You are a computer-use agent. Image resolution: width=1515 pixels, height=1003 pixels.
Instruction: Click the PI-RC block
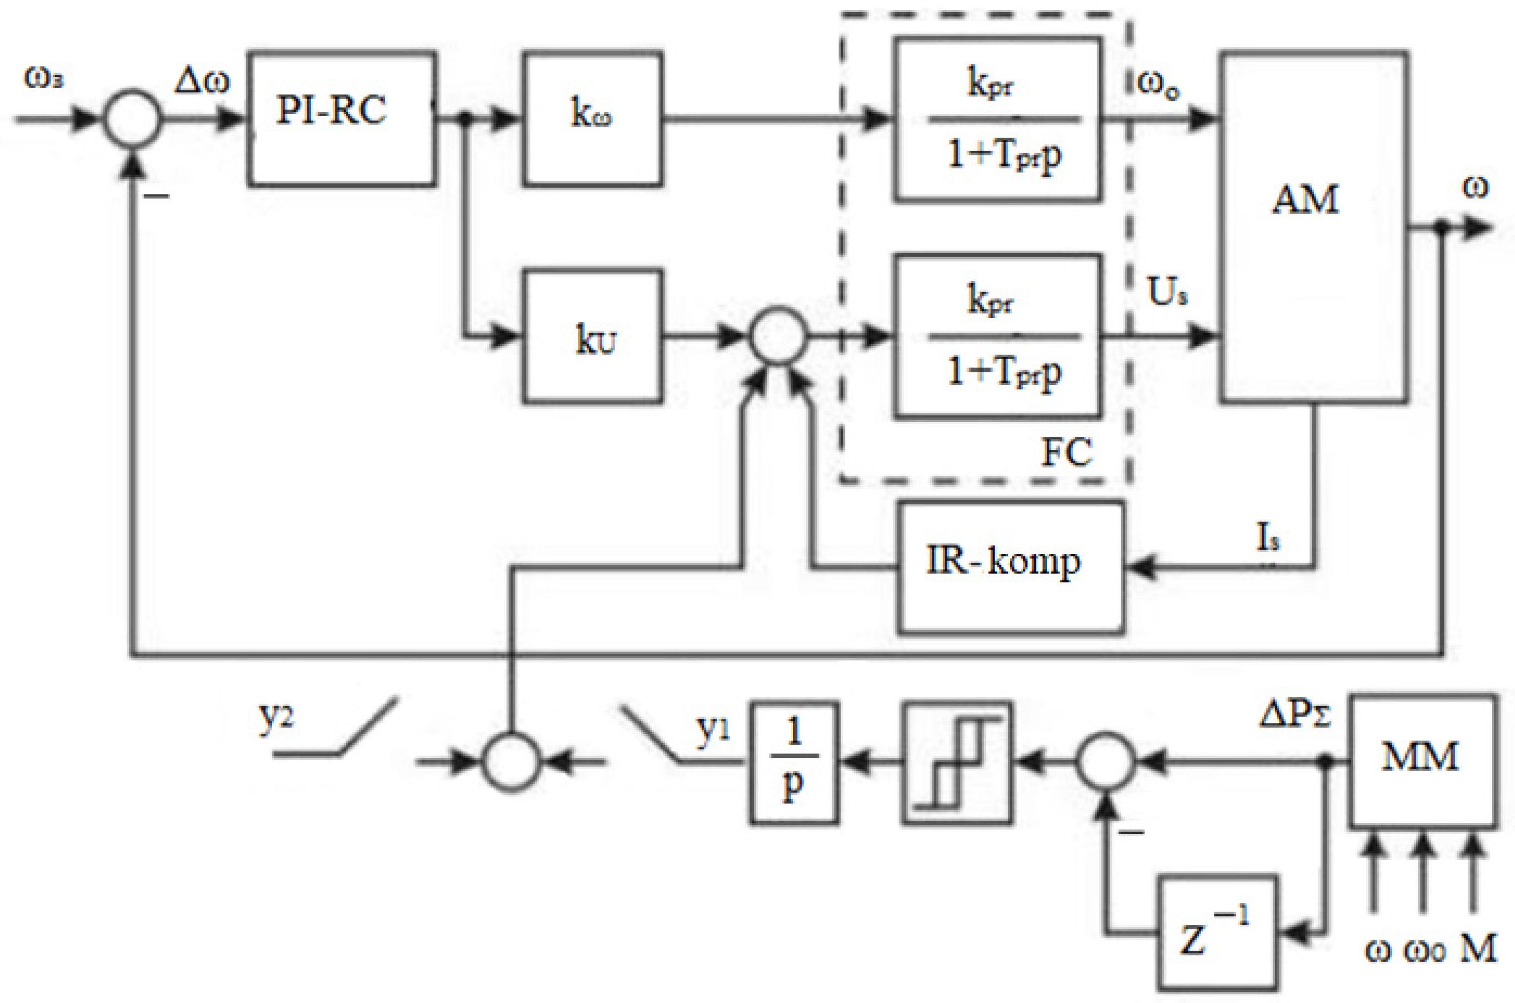tap(341, 119)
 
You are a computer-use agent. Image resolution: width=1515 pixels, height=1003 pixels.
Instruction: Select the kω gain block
tap(592, 119)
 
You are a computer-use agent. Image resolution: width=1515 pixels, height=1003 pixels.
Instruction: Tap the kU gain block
tap(592, 337)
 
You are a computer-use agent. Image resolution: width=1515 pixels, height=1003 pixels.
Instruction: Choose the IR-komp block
tap(1011, 567)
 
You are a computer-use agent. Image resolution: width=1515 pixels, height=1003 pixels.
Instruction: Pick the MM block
tap(1423, 761)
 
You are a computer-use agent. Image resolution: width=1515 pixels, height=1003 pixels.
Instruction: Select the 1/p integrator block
tap(793, 762)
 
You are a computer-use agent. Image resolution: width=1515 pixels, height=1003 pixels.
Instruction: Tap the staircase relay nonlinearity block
tap(957, 762)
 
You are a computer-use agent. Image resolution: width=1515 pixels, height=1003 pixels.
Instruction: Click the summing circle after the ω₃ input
tap(132, 119)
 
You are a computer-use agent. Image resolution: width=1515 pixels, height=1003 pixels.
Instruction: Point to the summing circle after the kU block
tap(778, 336)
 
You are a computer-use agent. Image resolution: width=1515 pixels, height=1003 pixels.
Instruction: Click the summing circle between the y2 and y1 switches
tap(511, 762)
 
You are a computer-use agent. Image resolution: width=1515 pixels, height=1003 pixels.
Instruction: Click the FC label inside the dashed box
tap(1067, 453)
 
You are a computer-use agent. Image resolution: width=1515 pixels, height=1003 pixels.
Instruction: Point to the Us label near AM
tap(1167, 293)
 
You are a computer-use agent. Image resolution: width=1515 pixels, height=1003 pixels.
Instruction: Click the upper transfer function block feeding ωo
tap(996, 119)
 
